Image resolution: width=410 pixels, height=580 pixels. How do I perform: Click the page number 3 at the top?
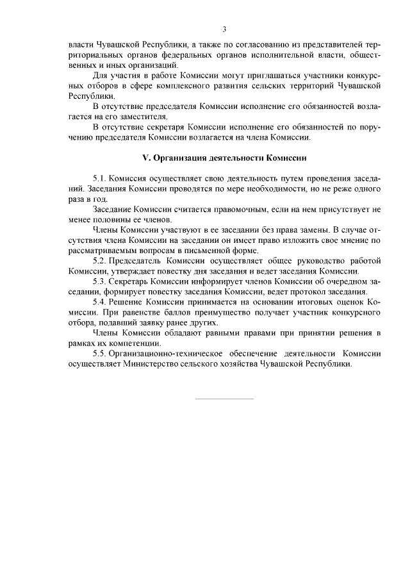[224, 29]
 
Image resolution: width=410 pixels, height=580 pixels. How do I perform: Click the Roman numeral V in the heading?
[145, 156]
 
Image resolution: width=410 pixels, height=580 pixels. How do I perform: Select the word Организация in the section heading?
[179, 156]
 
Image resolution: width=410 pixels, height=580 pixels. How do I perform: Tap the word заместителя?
[131, 117]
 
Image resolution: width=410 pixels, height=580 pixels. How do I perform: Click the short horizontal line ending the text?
[224, 399]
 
